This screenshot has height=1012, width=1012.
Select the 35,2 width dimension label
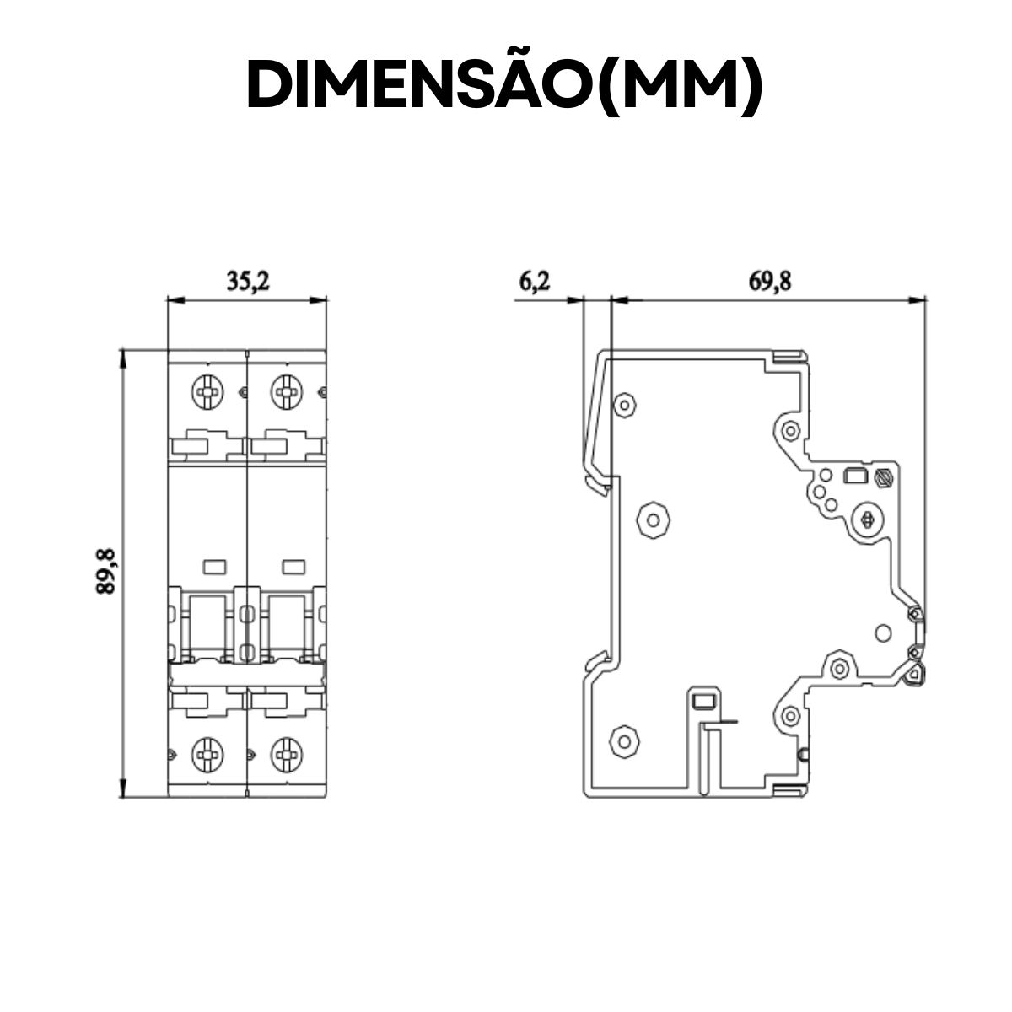point(247,282)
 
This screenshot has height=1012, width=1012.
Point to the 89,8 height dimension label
point(105,572)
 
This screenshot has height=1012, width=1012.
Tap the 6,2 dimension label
point(534,282)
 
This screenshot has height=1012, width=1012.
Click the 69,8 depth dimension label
point(769,282)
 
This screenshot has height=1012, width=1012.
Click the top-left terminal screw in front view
point(207,390)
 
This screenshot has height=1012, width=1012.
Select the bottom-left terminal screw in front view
point(207,753)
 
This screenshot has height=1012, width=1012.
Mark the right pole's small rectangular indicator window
point(293,566)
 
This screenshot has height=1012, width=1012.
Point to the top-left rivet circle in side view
point(624,405)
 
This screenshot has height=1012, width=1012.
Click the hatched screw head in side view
point(884,477)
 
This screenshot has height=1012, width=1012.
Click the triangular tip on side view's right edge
point(914,672)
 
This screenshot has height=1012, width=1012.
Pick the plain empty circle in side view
point(883,632)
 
